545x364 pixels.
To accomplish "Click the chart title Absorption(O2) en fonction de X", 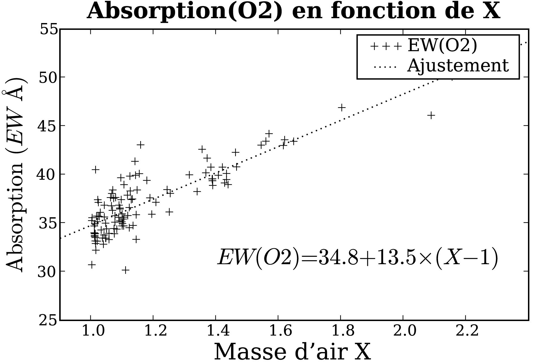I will tap(293, 11).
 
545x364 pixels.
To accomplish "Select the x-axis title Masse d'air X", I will tap(292, 352).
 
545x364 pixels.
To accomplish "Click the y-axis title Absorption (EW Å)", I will tap(16, 175).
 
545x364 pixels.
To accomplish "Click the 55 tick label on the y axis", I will tap(49, 30).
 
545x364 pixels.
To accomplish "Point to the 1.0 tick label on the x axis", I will tap(91, 331).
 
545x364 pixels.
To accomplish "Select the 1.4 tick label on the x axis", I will tap(215, 331).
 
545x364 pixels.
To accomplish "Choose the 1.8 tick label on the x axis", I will tap(340, 331).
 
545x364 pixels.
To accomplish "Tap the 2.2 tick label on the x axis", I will tap(465, 331).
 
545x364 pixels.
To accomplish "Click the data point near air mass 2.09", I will tap(431, 115).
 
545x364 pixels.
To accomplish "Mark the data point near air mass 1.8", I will tap(342, 107).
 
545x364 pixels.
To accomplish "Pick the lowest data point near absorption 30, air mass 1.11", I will tap(125, 270).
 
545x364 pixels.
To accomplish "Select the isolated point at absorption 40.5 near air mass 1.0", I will tap(95, 169).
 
